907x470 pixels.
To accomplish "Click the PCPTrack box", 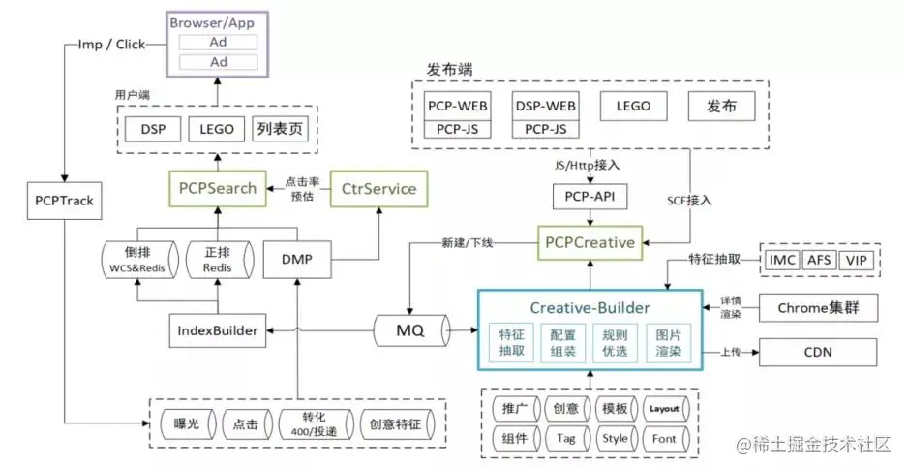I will pyautogui.click(x=60, y=201).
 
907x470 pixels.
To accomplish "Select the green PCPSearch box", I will pyautogui.click(x=219, y=187).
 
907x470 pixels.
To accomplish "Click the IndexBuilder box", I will pyautogui.click(x=218, y=330).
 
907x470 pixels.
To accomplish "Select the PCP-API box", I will pyautogui.click(x=590, y=198).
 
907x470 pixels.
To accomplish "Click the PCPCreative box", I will pyautogui.click(x=590, y=242).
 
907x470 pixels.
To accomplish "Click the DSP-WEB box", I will pyautogui.click(x=545, y=106).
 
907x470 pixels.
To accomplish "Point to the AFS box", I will pyautogui.click(x=820, y=260).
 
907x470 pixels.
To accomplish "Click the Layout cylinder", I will pyautogui.click(x=664, y=408).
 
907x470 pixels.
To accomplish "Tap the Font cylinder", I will pyautogui.click(x=664, y=438).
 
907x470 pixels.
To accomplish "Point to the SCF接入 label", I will pyautogui.click(x=689, y=200).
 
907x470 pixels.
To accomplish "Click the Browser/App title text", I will pyautogui.click(x=219, y=21).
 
